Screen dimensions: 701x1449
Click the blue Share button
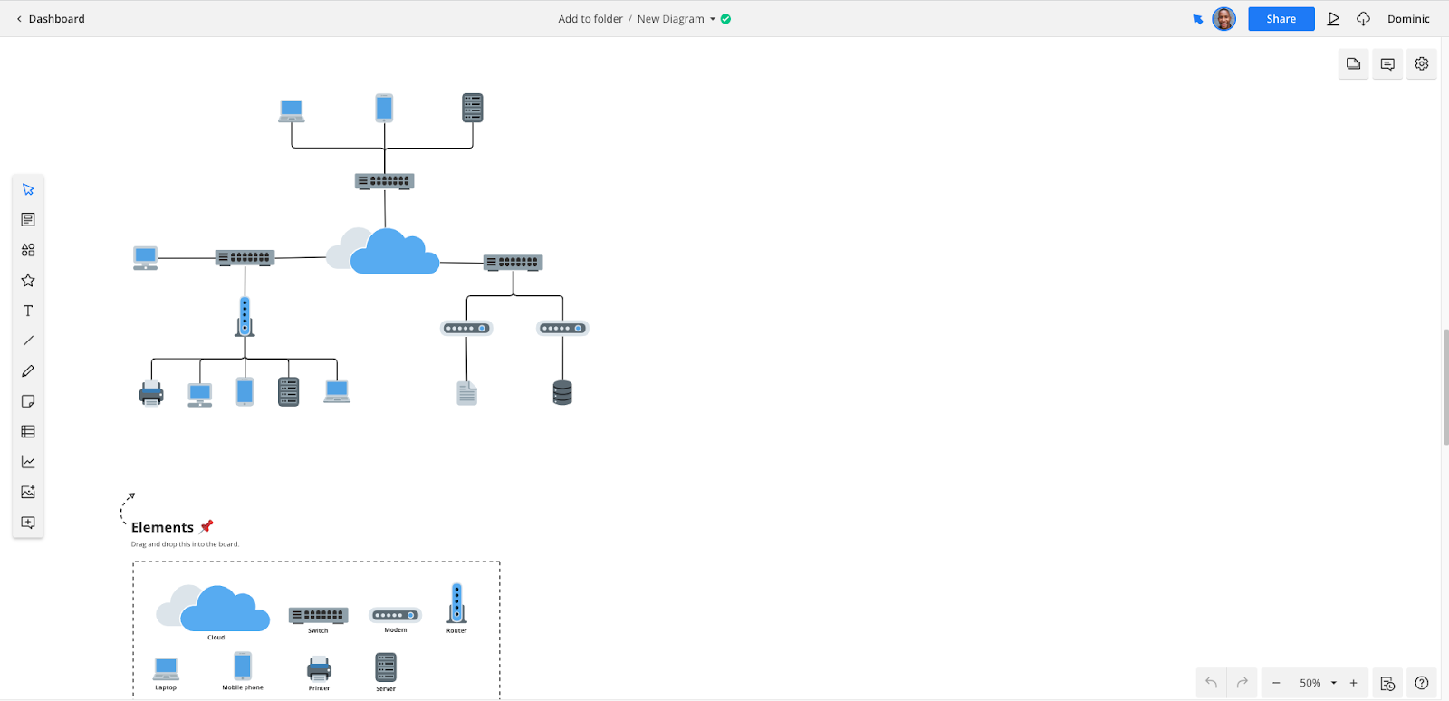point(1281,19)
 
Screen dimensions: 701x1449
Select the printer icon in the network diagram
point(151,393)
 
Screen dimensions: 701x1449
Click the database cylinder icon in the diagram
point(562,392)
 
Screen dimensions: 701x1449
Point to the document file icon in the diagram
point(466,393)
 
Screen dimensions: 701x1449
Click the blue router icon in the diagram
point(245,317)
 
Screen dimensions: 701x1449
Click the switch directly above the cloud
point(384,181)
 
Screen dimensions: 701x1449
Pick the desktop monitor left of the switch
point(145,258)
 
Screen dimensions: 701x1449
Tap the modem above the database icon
point(562,329)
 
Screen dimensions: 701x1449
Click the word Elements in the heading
point(162,527)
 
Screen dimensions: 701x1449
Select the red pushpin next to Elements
point(206,526)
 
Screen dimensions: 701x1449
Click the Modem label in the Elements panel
point(396,630)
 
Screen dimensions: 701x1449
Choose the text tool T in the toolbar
point(28,311)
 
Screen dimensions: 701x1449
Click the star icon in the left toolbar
point(28,281)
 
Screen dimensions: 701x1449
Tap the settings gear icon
point(1421,63)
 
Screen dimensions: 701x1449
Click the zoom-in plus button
point(1354,683)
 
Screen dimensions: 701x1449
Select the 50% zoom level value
point(1310,683)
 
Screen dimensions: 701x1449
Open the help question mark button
point(1421,683)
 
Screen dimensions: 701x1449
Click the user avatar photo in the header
point(1223,19)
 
